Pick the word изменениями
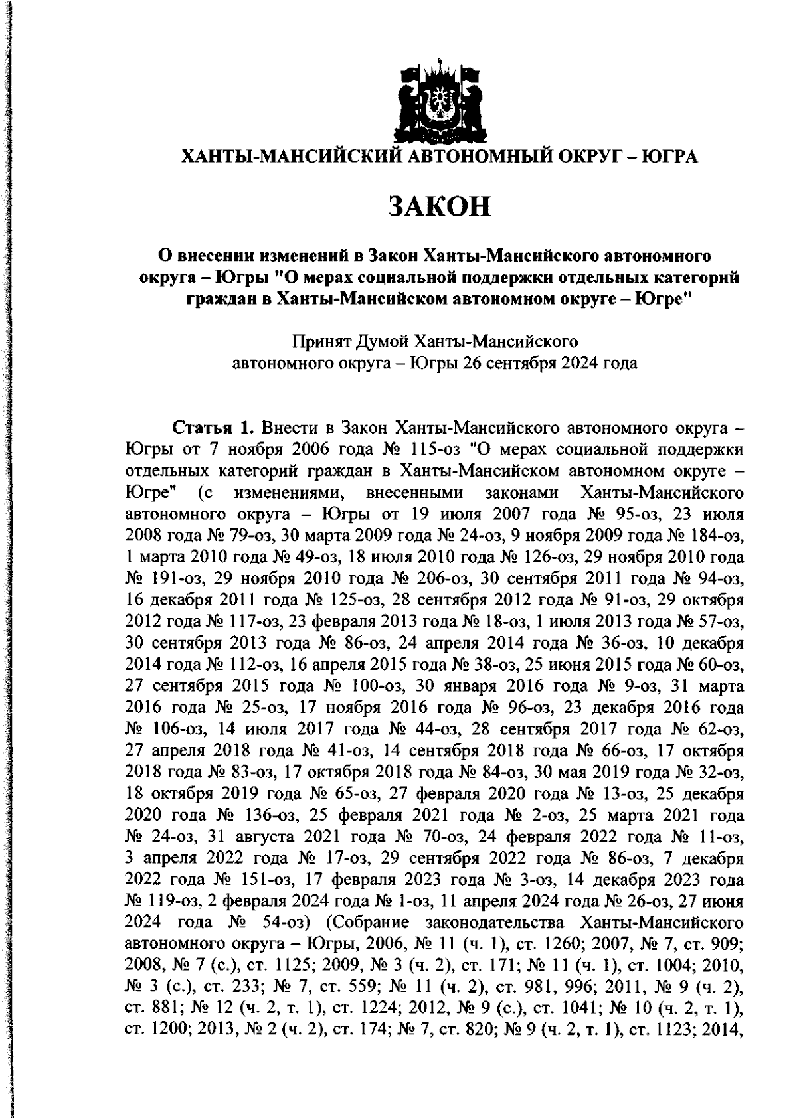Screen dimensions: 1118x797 click(285, 493)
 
